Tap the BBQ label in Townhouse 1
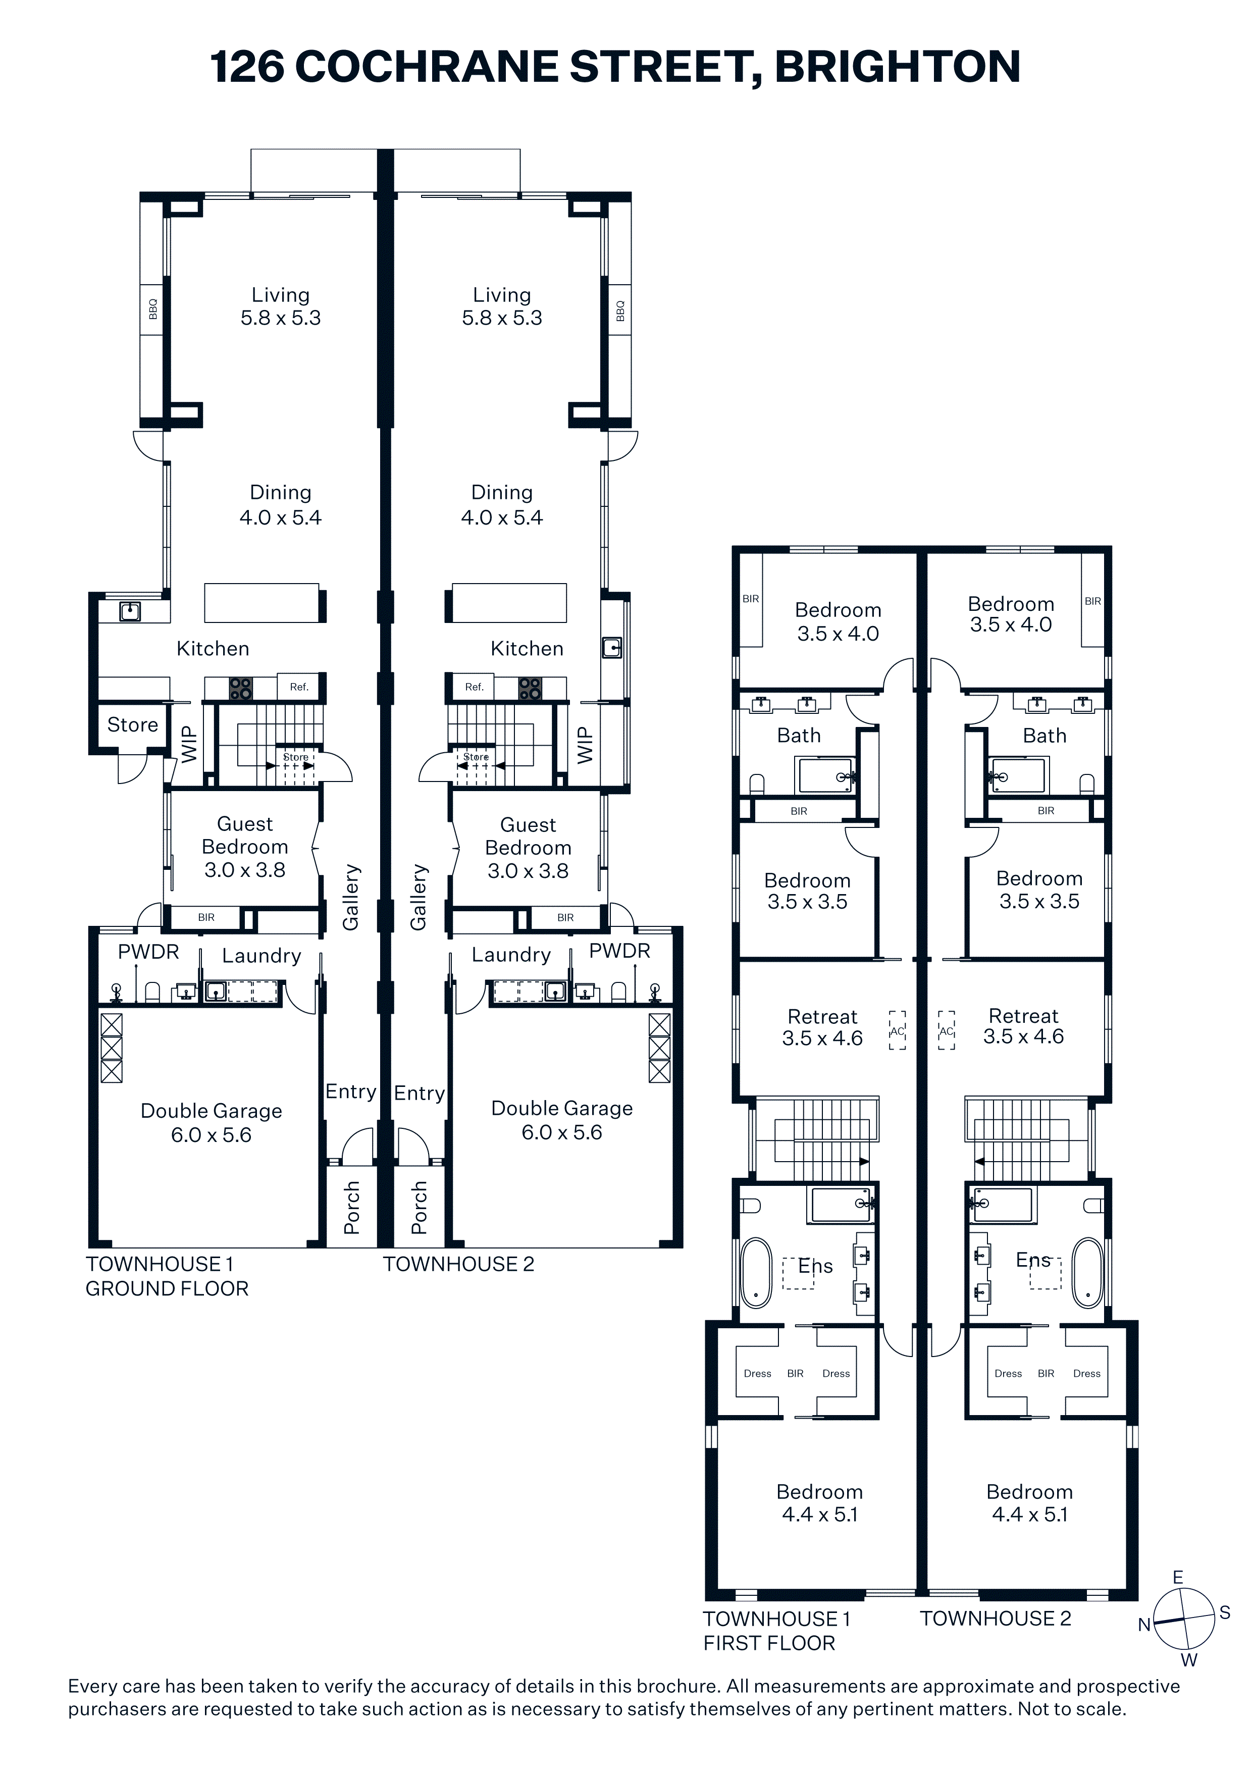(153, 309)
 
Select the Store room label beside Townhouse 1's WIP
(133, 724)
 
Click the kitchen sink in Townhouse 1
(130, 612)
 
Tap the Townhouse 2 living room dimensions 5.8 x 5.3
(502, 318)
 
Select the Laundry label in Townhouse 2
(511, 955)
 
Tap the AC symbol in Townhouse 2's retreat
(947, 1030)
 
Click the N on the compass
(1145, 1625)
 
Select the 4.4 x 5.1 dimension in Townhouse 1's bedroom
(820, 1515)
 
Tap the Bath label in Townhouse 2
(1045, 736)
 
